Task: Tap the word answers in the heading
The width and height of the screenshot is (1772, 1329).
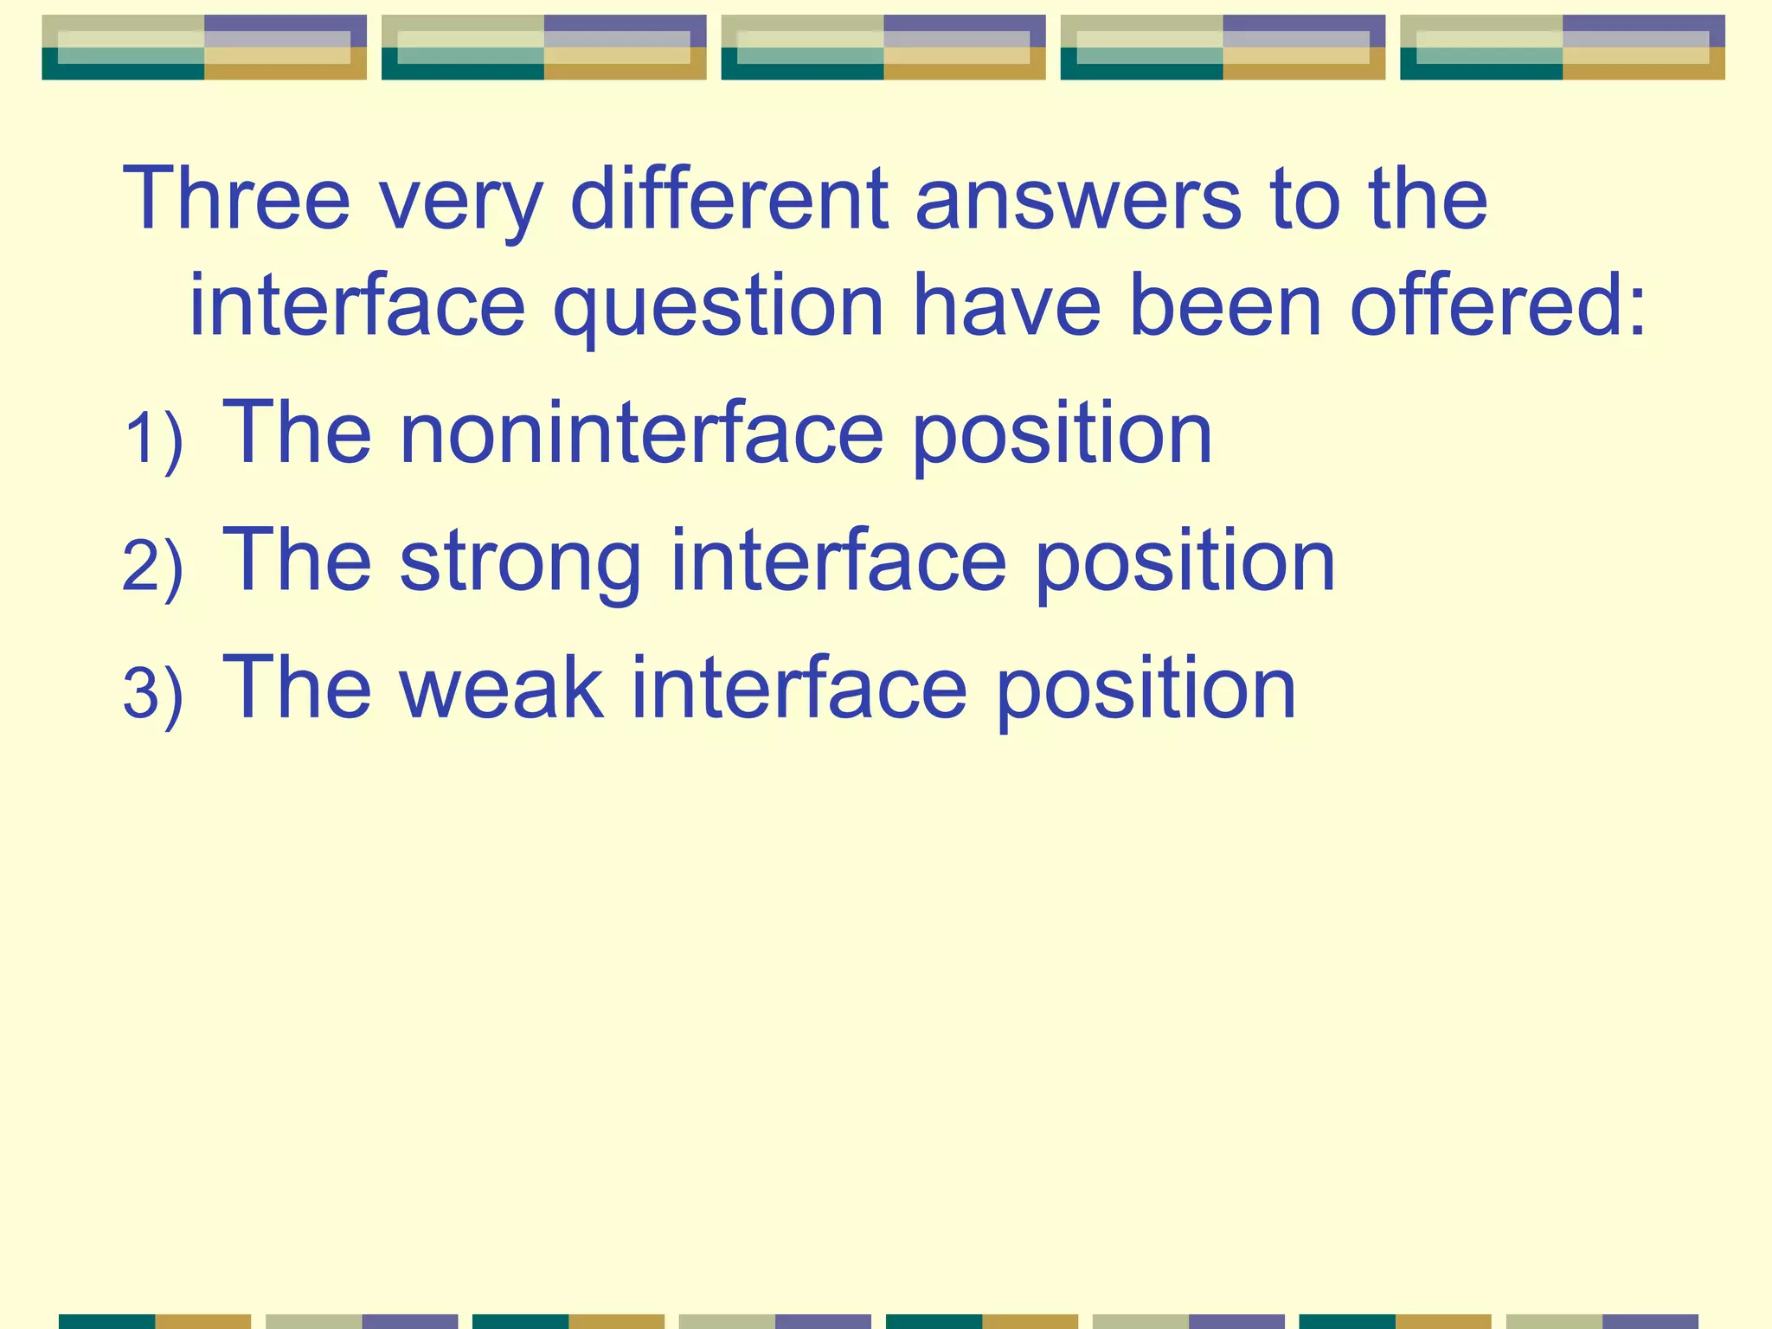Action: tap(1078, 200)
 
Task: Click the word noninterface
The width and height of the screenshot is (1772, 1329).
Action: tap(641, 433)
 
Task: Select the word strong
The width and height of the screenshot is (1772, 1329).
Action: tap(520, 562)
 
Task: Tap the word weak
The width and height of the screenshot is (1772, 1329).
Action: tap(501, 689)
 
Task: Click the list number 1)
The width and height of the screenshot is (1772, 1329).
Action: tap(153, 440)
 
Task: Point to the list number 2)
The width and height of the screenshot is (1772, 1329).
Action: tap(153, 568)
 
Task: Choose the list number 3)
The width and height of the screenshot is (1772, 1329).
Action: tap(153, 695)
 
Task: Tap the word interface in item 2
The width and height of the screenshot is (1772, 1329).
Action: tap(838, 562)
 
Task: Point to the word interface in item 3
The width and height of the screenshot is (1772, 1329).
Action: tap(799, 689)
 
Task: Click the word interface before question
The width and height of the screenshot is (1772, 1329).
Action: tap(357, 305)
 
